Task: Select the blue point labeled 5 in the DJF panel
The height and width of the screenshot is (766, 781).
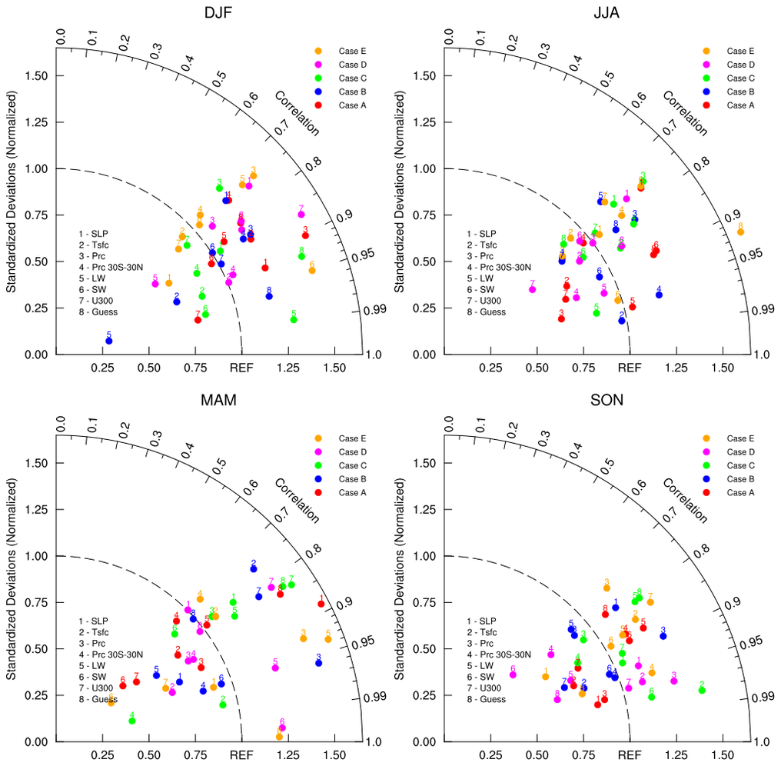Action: pos(108,340)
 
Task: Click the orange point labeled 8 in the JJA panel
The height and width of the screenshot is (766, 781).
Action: pos(740,231)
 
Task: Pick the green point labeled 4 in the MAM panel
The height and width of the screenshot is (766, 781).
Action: pos(132,721)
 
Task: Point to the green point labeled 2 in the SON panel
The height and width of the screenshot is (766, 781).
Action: pos(702,690)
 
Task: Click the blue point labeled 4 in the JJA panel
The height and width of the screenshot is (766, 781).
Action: pos(659,295)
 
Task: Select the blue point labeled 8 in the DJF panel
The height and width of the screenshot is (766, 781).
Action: pos(269,296)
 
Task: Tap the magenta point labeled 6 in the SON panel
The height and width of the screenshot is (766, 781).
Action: pos(513,674)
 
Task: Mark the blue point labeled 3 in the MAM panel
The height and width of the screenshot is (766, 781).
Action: pos(319,662)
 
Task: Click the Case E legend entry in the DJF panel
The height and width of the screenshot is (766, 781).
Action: pos(353,51)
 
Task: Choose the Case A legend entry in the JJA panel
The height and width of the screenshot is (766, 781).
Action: pos(740,105)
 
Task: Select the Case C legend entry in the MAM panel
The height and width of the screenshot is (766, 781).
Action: pos(353,465)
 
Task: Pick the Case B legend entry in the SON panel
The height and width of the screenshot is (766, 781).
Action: pos(740,479)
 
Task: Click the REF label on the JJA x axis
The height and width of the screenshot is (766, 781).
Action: pos(630,368)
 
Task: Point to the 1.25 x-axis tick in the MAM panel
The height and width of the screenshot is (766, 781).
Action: pos(288,756)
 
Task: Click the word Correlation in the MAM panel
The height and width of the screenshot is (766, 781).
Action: pos(297,500)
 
